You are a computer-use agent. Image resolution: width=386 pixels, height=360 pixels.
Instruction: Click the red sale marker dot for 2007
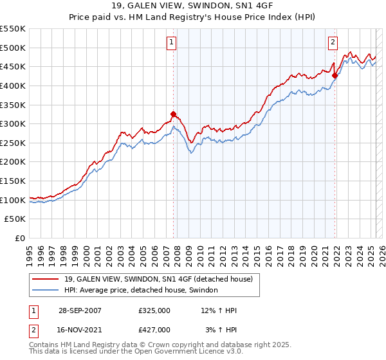pyautogui.click(x=174, y=114)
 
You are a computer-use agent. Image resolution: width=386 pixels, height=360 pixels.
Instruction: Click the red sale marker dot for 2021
pyautogui.click(x=335, y=75)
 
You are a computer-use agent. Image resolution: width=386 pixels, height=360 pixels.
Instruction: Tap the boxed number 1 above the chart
pyautogui.click(x=172, y=43)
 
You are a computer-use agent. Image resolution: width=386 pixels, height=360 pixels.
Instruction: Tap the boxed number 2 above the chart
pyautogui.click(x=333, y=43)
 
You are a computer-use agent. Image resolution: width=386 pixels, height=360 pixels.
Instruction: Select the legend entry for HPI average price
pyautogui.click(x=141, y=291)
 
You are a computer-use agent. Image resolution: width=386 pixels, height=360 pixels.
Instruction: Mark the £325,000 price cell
pyautogui.click(x=154, y=311)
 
